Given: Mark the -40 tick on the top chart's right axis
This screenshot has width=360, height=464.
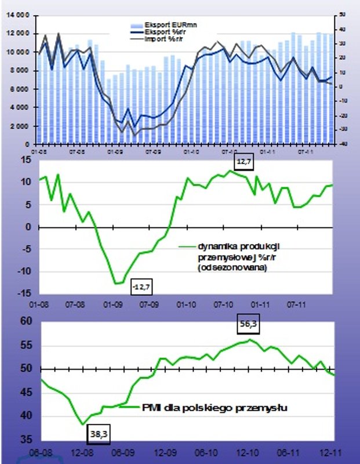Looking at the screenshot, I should point(343,144).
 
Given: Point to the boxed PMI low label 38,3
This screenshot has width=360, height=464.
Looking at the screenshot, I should point(99,432).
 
